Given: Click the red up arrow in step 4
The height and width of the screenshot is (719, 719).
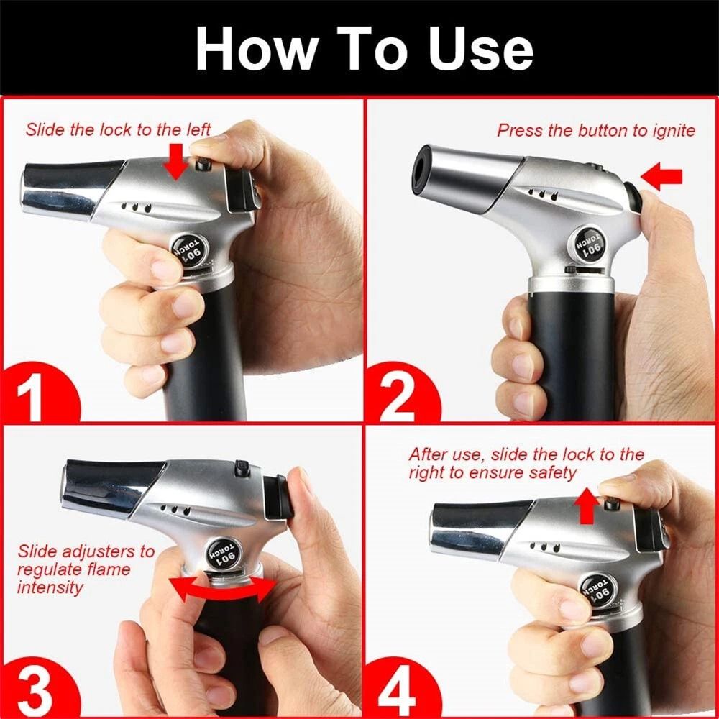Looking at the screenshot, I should (586, 506).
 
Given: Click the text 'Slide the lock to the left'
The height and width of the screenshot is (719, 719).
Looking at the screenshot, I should (118, 130).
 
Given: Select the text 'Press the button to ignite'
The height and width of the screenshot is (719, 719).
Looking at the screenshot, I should (596, 131).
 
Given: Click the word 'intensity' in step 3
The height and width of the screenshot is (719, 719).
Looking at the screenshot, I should (50, 587).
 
